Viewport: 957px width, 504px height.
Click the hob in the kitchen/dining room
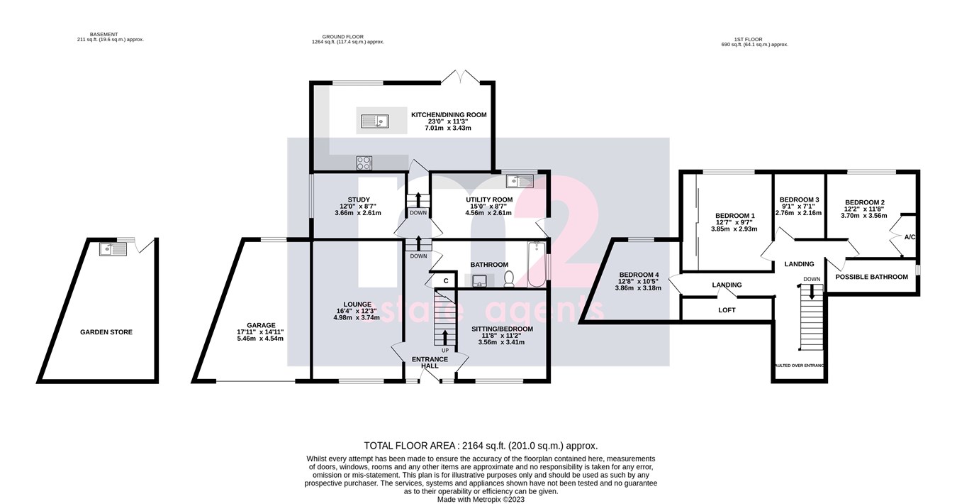pos(365,163)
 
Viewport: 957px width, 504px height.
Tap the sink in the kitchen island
pos(374,122)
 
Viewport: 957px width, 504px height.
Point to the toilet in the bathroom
pos(508,280)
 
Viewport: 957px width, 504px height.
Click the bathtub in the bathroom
pos(535,265)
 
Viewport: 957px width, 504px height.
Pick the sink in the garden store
pos(114,248)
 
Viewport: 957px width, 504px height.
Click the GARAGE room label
pos(261,325)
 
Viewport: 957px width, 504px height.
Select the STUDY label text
pos(358,199)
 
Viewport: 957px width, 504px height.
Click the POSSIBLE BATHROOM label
pos(871,277)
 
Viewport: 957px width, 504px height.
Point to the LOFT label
pos(727,310)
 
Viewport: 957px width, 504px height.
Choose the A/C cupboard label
pos(910,236)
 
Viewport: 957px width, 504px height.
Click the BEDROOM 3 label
pos(799,199)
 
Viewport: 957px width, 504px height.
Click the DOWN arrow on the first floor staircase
pos(812,289)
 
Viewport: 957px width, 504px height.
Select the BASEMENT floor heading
pos(110,34)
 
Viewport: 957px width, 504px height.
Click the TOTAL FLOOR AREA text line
pos(481,446)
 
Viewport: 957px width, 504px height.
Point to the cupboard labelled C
pos(445,281)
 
